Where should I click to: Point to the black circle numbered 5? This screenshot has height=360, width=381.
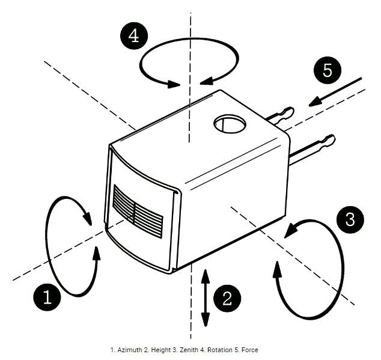(327, 71)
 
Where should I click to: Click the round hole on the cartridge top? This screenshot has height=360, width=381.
(230, 124)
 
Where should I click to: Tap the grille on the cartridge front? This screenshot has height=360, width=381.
(138, 210)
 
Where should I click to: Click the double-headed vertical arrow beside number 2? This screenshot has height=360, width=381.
(205, 298)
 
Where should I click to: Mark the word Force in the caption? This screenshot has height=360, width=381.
(249, 349)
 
